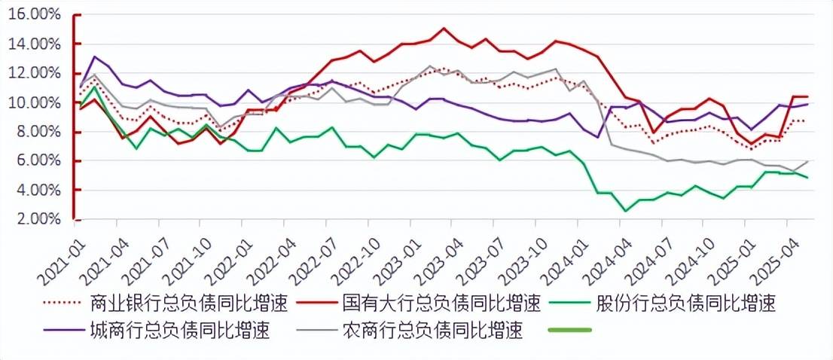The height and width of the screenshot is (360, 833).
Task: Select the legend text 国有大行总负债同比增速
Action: click(x=441, y=304)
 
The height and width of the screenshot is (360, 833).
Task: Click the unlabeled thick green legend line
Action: click(x=571, y=330)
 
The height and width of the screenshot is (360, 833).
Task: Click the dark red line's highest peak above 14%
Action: click(x=444, y=29)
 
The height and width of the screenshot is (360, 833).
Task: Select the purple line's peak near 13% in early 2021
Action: click(x=95, y=56)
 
